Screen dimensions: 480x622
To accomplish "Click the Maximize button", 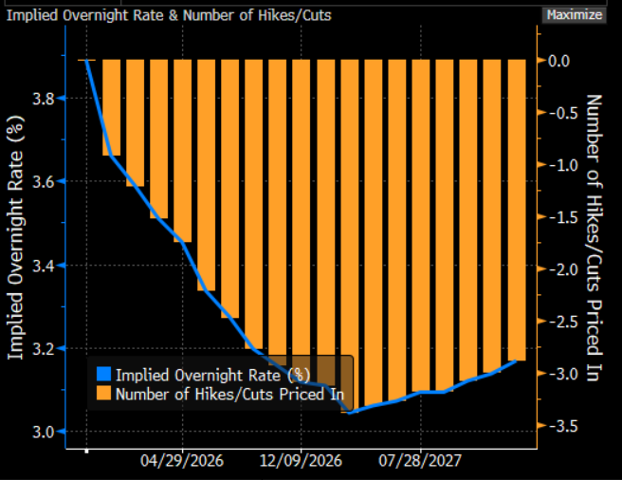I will tap(573, 14).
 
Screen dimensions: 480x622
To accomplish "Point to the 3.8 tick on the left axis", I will tap(43, 98).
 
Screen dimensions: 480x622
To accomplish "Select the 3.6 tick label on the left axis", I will tap(43, 181).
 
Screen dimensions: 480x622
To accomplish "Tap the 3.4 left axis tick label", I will tap(43, 265).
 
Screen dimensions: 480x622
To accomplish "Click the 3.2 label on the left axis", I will tap(43, 348).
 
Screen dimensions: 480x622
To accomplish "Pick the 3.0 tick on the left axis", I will tap(43, 432).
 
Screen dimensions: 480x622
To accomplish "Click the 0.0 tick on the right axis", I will tap(558, 61).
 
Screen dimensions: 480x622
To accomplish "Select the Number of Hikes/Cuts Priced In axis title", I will tap(594, 237).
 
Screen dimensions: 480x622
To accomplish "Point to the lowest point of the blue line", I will tap(350, 413).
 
